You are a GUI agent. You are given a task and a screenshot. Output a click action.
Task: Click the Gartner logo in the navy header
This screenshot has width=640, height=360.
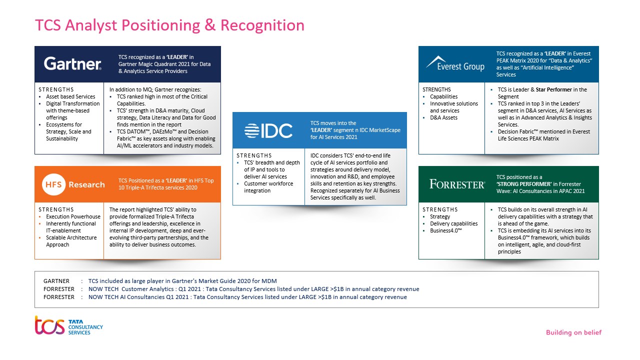point(72,63)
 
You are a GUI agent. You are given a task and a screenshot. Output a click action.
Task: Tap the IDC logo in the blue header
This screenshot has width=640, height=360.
point(268,131)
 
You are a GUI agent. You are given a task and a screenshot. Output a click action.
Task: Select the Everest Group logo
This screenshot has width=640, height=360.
point(455,63)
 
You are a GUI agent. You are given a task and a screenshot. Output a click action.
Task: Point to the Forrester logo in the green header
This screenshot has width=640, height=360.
point(457,184)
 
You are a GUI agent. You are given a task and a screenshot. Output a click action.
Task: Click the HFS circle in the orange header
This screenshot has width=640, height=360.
point(53,184)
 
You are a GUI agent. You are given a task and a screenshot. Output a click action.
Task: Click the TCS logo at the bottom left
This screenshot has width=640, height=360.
point(68,325)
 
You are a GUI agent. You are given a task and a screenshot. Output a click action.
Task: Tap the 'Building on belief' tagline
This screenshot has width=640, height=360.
point(573,332)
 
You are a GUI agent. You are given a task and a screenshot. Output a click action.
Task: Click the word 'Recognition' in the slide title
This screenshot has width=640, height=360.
point(262,25)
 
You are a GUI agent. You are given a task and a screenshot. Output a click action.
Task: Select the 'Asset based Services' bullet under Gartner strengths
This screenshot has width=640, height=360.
point(70,96)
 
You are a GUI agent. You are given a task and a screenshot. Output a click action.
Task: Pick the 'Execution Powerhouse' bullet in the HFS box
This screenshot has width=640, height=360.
point(73,216)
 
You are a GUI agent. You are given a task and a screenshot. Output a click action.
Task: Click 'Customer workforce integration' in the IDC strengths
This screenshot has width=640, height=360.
point(268,187)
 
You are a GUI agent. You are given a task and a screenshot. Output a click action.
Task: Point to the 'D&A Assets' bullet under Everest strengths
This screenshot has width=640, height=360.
point(443,117)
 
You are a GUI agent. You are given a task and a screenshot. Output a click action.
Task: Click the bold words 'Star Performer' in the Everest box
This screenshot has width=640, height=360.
point(553,89)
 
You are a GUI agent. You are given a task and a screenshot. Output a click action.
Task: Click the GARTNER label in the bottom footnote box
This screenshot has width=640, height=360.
point(56,281)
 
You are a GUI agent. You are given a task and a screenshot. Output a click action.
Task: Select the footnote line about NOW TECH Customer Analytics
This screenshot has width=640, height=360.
point(253,289)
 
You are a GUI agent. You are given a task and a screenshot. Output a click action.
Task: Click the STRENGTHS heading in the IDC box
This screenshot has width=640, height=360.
point(254,155)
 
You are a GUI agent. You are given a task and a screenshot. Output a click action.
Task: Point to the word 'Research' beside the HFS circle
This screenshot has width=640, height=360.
point(86,185)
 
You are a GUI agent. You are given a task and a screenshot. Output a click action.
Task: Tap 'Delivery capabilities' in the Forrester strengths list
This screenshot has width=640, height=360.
point(453,223)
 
